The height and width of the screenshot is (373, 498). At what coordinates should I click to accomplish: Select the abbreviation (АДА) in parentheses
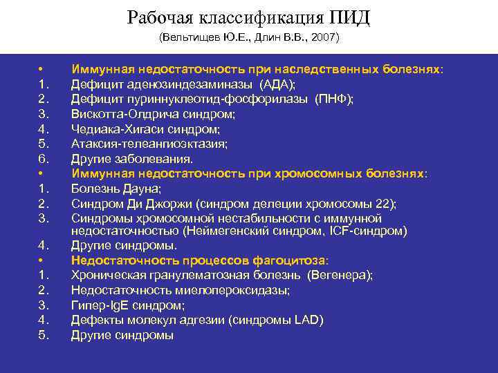tap(277, 85)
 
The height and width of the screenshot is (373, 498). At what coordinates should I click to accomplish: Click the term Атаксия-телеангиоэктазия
tap(149, 144)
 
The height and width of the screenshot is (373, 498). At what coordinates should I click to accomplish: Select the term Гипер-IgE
tap(100, 305)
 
